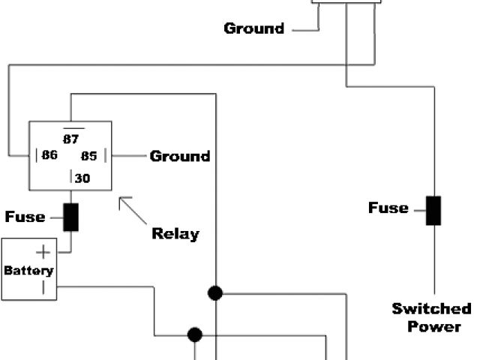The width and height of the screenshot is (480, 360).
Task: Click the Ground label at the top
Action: (254, 28)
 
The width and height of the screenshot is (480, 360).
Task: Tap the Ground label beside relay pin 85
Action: (180, 156)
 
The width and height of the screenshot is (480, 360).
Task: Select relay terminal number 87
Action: (71, 139)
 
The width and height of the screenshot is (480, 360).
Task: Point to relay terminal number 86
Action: (50, 156)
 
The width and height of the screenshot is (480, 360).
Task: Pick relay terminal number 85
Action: (89, 156)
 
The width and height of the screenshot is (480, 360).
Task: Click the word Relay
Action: (175, 233)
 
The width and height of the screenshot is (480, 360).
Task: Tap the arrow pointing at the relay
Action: (133, 212)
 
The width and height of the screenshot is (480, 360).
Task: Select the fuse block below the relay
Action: (71, 217)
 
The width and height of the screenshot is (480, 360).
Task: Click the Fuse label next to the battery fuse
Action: (25, 217)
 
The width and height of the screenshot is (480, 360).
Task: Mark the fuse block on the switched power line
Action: (433, 210)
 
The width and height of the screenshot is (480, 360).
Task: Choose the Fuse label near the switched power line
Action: (388, 208)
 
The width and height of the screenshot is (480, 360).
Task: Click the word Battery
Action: (28, 270)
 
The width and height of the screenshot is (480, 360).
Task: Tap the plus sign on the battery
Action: (44, 252)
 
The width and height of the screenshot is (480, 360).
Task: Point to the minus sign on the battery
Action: (43, 287)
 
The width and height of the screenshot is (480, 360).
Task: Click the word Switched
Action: (432, 309)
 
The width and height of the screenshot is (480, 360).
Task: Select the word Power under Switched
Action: (434, 326)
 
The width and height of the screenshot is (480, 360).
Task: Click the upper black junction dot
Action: (215, 292)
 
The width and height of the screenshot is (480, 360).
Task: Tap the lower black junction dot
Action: (195, 334)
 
